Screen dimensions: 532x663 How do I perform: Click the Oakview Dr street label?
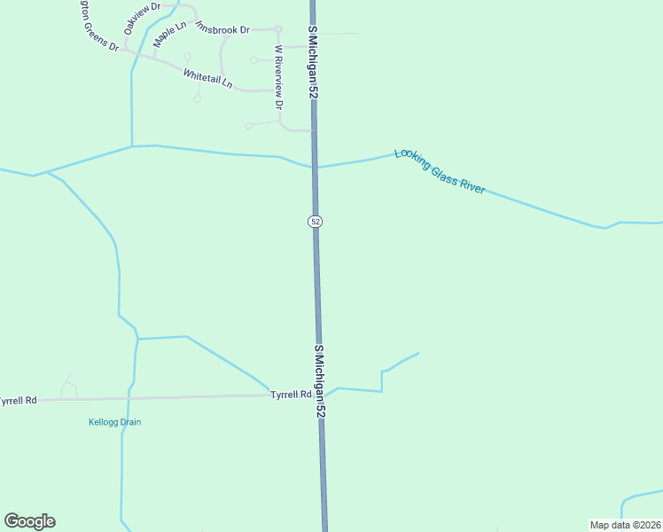[x=143, y=17]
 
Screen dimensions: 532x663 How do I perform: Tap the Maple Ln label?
[x=170, y=34]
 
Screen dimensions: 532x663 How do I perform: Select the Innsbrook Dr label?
[x=222, y=29]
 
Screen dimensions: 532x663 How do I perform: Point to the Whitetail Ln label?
[x=207, y=78]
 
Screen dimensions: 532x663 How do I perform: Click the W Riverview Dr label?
[x=278, y=77]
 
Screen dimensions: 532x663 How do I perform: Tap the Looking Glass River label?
[x=440, y=171]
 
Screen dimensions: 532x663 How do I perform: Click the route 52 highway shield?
[x=316, y=221]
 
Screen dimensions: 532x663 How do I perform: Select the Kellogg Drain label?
[x=115, y=422]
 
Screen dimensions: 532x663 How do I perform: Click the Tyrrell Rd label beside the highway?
[x=291, y=394]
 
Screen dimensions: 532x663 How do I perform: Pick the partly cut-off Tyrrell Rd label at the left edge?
[x=18, y=401]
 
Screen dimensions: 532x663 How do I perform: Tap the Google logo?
[x=29, y=521]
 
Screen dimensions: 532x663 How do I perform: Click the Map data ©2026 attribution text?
[x=625, y=525]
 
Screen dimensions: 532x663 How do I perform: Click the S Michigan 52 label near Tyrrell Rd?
[x=320, y=383]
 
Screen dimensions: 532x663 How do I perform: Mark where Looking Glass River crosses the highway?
[x=315, y=167]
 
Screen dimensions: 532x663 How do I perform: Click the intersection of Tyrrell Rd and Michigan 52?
[x=320, y=395]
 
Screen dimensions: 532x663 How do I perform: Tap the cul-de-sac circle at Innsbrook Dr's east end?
[x=277, y=28]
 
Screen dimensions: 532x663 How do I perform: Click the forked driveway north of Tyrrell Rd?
[x=67, y=387]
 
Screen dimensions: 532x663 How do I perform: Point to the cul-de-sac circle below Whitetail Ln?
[x=197, y=98]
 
